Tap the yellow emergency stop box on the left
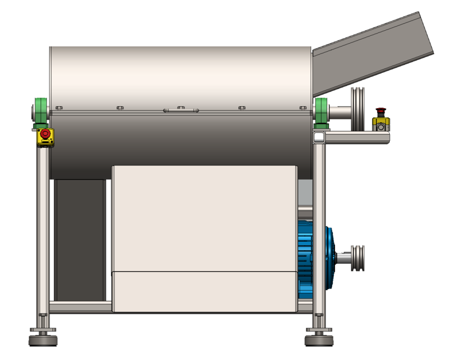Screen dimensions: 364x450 45,136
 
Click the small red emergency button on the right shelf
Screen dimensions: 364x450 381,111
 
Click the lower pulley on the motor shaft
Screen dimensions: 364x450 358,259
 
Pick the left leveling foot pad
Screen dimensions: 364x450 43,341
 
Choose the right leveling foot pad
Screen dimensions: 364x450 319,341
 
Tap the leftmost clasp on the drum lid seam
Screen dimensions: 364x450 59,107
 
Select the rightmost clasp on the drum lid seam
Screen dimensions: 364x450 302,107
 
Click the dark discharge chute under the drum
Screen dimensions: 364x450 80,239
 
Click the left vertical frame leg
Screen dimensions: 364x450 43,227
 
